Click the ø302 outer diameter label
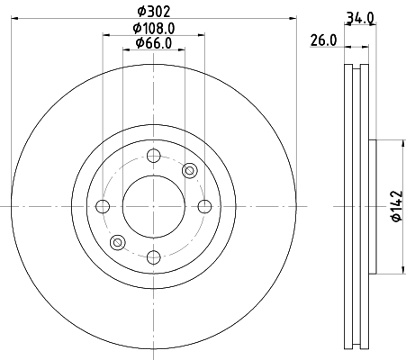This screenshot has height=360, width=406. tap(154, 13)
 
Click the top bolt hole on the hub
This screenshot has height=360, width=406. tap(152, 155)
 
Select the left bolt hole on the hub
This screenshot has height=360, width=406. tap(102, 207)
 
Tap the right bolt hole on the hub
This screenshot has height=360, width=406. tap(203, 207)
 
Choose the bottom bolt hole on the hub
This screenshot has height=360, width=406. tap(152, 258)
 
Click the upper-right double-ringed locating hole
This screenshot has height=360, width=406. tap(189, 171)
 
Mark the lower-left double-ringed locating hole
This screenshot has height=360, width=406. tap(116, 242)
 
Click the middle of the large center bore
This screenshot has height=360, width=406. tap(152, 207)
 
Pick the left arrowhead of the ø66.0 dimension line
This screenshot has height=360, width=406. tap(125, 50)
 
